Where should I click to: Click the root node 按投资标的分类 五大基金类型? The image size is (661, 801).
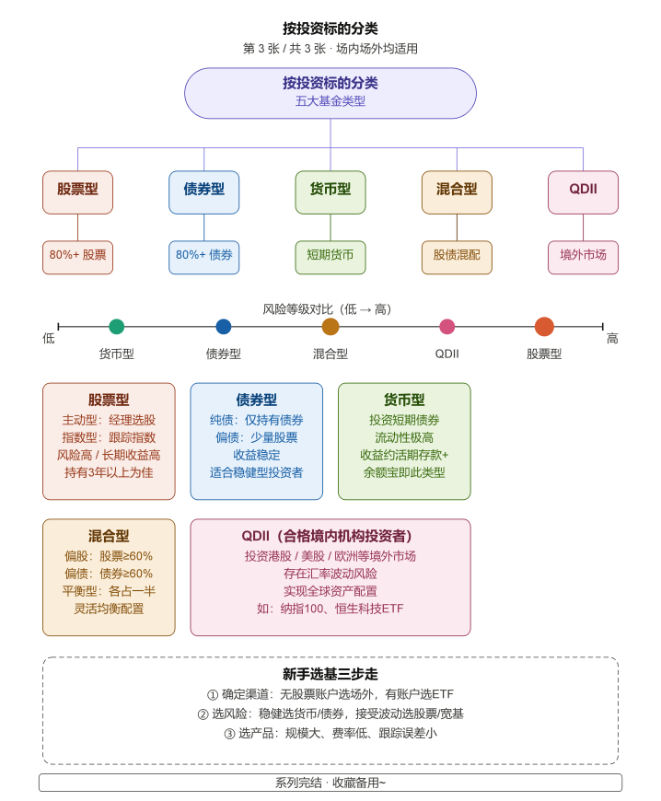[x=330, y=92]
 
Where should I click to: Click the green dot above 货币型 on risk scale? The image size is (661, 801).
[x=116, y=326]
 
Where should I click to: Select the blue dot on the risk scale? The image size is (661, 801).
[x=223, y=326]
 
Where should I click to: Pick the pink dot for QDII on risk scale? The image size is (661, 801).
[x=446, y=326]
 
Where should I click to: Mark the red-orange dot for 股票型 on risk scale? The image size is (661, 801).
[x=544, y=326]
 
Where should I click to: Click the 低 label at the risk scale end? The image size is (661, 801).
[x=49, y=339]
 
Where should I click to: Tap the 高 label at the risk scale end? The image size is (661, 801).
[x=612, y=339]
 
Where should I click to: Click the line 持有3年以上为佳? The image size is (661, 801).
[x=109, y=472]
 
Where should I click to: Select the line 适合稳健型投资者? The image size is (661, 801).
[x=256, y=472]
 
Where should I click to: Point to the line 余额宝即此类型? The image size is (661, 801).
[x=404, y=472]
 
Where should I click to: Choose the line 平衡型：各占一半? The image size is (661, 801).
[x=109, y=591]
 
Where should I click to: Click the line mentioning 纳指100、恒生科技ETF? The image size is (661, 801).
[x=330, y=609]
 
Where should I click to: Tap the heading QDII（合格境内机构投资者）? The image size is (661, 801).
[x=330, y=536]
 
